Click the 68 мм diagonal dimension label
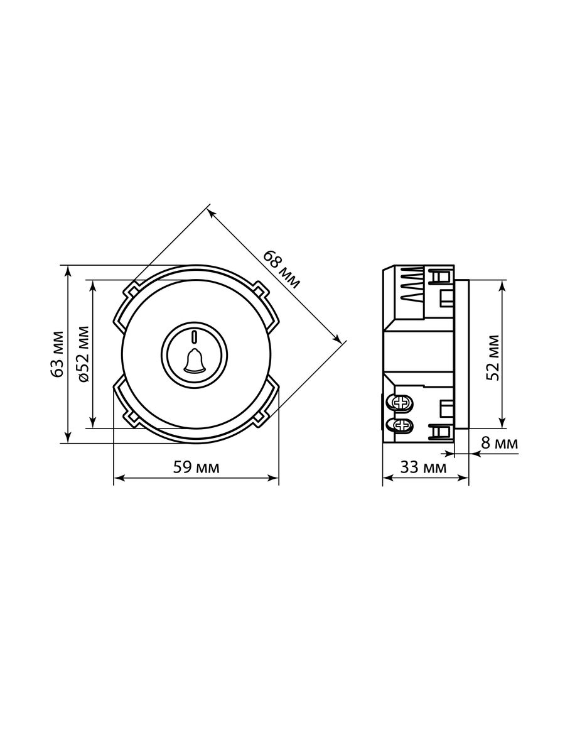281,270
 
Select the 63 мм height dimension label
57,354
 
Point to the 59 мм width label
196,467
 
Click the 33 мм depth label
424,467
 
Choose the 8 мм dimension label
500,443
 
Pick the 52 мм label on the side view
493,358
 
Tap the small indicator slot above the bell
194,337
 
